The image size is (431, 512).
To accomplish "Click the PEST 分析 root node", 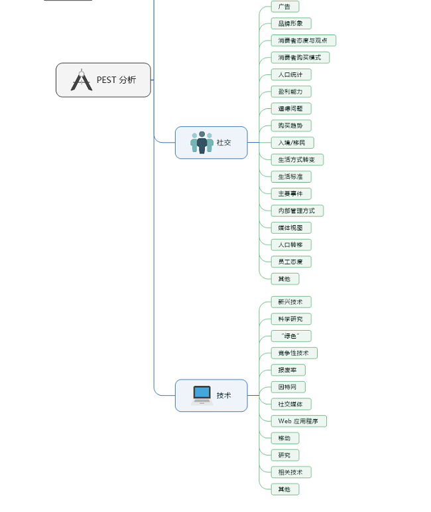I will [x=103, y=80].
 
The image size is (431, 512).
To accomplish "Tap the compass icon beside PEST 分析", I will [x=82, y=80].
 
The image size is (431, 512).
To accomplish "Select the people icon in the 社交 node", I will [x=202, y=142].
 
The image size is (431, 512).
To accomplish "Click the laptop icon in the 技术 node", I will [x=202, y=395].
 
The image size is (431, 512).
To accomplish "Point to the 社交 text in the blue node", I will [x=224, y=143].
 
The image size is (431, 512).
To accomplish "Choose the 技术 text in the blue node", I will [x=224, y=396].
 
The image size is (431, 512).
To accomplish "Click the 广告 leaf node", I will [x=284, y=7].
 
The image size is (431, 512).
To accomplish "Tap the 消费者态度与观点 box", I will [x=303, y=41].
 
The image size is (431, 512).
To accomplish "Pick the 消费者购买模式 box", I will [x=300, y=58].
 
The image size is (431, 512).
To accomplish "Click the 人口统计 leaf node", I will [x=290, y=74].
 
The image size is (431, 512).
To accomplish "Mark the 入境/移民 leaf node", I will [x=292, y=143].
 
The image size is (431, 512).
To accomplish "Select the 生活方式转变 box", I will [x=297, y=159].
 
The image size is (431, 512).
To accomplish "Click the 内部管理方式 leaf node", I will [x=297, y=211].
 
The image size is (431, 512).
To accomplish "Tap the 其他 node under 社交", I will [x=284, y=279].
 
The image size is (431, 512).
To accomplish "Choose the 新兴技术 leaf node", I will [x=290, y=302].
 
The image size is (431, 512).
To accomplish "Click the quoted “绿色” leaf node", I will [x=290, y=336].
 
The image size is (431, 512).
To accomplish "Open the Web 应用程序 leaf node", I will [x=298, y=421].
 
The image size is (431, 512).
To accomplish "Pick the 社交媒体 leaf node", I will [x=290, y=404].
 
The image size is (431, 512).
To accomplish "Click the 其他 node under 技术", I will [x=284, y=489].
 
